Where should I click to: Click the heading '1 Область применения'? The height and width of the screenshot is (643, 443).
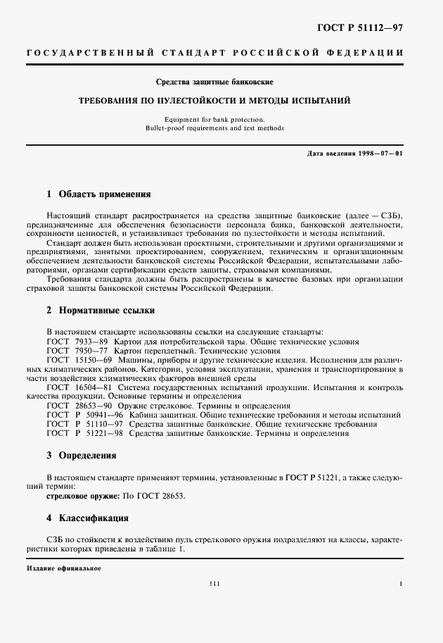[98, 194]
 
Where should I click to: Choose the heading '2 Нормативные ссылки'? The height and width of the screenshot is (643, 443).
[101, 310]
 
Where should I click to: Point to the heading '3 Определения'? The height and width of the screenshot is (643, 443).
[82, 456]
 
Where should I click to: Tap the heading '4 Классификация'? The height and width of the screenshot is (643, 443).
[87, 518]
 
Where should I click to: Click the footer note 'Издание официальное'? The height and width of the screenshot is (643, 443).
[64, 568]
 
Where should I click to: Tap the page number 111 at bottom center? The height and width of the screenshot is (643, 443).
[214, 584]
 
